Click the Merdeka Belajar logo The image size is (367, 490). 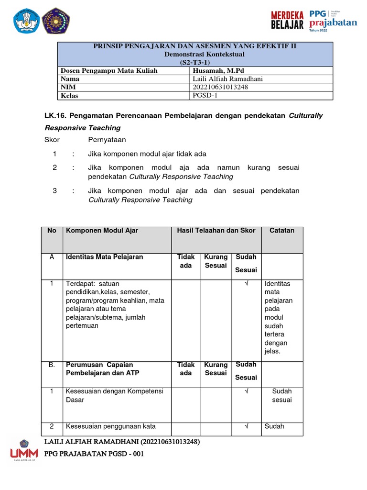pos(287,20)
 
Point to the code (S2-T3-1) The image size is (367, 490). pos(194,62)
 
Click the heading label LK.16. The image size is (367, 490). pos(54,116)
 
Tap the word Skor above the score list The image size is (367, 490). pos(52,140)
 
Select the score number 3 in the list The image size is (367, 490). pos(55,190)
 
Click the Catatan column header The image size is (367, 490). pos(281,231)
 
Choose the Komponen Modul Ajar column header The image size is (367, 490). pos(102,231)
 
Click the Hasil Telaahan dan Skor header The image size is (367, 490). pos(216,231)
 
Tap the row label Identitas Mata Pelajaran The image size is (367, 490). pos(104,257)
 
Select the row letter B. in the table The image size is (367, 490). pos(52,365)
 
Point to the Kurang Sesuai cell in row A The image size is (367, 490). pos(216,261)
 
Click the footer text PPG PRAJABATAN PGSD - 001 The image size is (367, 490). pos(94,454)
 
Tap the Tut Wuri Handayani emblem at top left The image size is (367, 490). pos(24,21)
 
